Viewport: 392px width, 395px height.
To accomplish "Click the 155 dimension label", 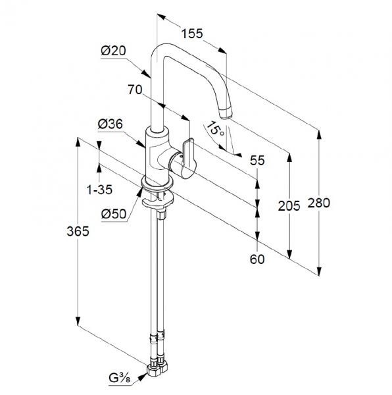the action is [x=192, y=34].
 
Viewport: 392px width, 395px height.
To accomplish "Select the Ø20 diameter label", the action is [x=114, y=51].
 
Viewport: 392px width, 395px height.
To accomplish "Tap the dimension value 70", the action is [x=135, y=90].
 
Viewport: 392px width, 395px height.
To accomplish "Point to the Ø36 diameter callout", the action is [x=110, y=124].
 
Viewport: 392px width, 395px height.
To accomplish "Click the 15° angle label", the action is [x=215, y=128].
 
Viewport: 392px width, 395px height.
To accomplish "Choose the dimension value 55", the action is [x=257, y=161].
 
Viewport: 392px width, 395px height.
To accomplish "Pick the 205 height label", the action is [x=289, y=206].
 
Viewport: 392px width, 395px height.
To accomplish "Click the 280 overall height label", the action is [x=319, y=203].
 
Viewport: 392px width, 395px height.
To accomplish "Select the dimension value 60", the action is [x=257, y=259].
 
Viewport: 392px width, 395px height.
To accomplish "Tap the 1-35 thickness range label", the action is [x=99, y=190].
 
